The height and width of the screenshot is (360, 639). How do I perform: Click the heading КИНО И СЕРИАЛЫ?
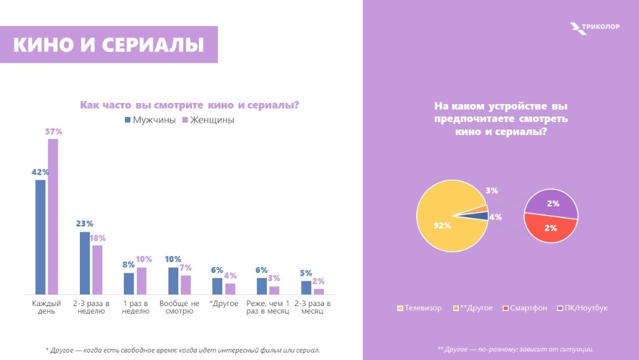pos(109,45)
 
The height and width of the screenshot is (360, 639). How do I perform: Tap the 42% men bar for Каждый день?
pos(40,236)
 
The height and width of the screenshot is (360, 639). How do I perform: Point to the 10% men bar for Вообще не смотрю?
pos(173,281)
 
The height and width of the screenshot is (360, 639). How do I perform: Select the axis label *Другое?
pos(220,304)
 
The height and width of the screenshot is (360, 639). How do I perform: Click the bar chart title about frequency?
pos(189,105)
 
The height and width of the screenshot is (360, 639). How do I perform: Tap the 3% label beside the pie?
pos(492,191)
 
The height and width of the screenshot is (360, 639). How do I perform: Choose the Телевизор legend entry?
pos(419,308)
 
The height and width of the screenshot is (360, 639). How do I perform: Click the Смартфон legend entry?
pos(525,308)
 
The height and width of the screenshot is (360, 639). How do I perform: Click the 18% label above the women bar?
pos(98,238)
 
